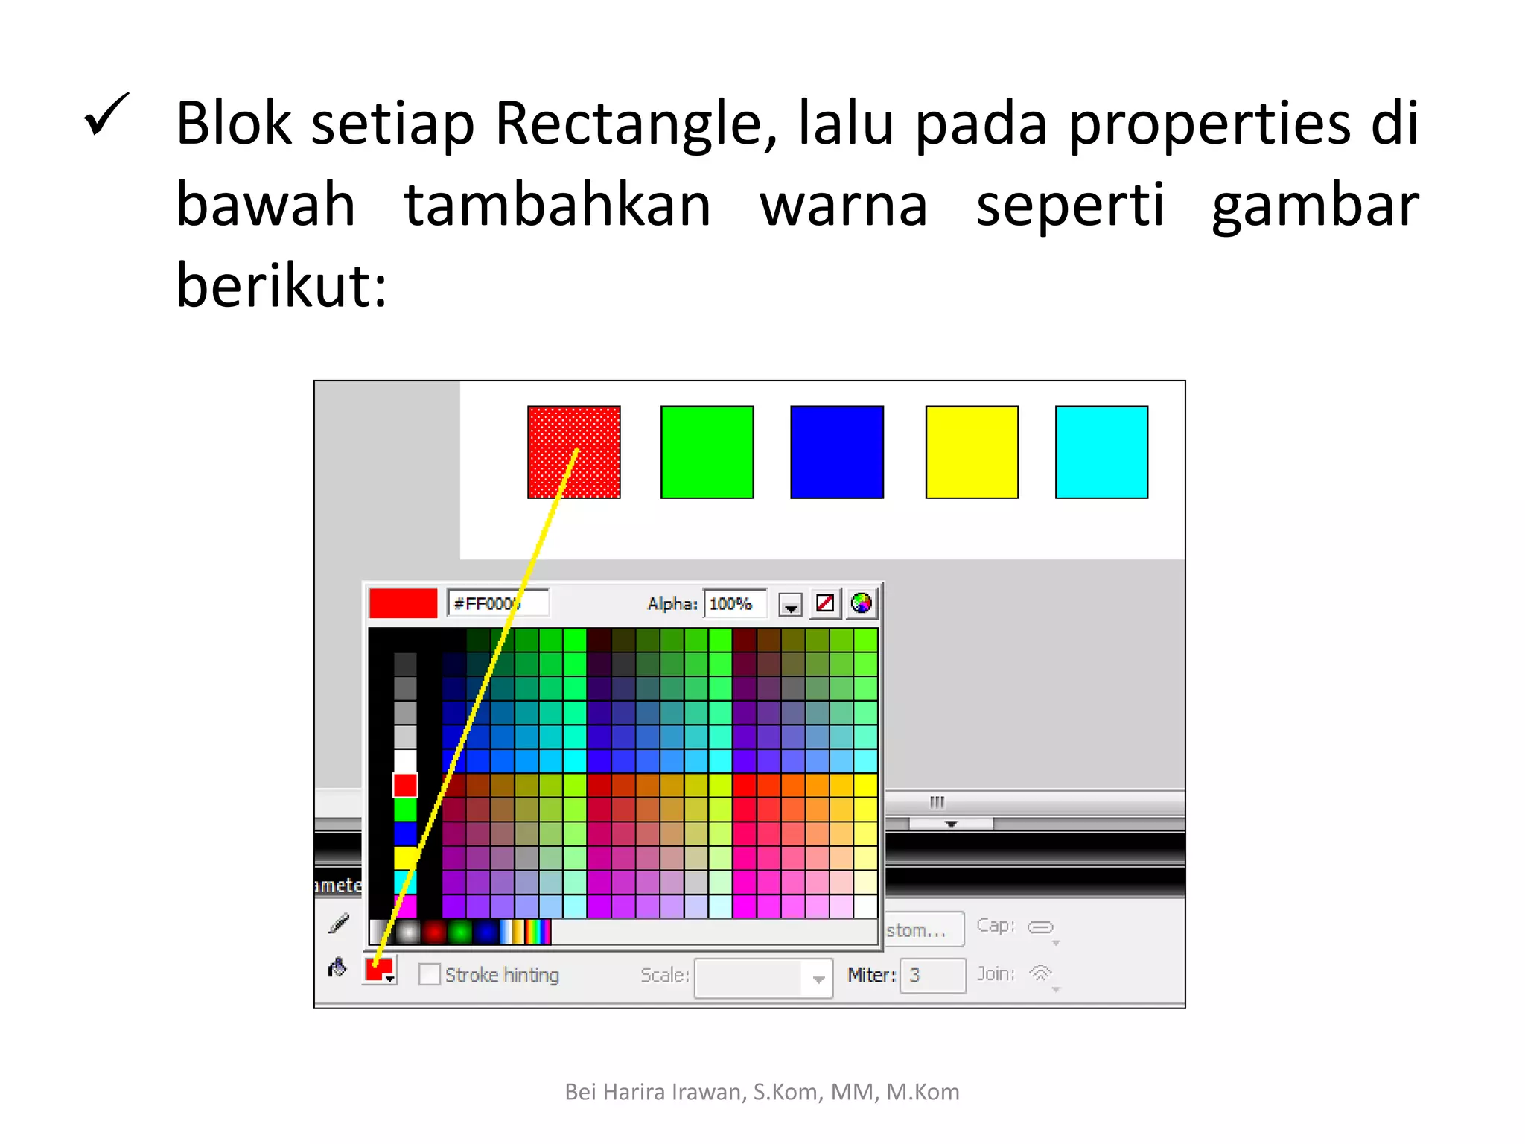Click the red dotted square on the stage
click(x=573, y=452)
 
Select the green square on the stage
click(x=707, y=452)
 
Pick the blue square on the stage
click(x=837, y=452)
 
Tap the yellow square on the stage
click(x=971, y=452)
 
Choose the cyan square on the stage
click(x=1101, y=452)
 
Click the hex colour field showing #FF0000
click(x=497, y=603)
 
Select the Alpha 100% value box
click(x=733, y=603)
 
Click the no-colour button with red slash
click(x=825, y=603)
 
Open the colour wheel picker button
click(x=861, y=603)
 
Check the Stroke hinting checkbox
click(x=429, y=974)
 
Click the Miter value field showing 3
click(x=932, y=975)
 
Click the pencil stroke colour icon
click(x=339, y=924)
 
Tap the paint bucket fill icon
click(x=337, y=967)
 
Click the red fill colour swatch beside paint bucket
click(x=379, y=969)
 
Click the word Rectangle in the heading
click(x=635, y=123)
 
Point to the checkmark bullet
click(x=106, y=115)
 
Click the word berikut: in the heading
click(x=281, y=286)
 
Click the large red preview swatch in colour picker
click(x=403, y=603)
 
